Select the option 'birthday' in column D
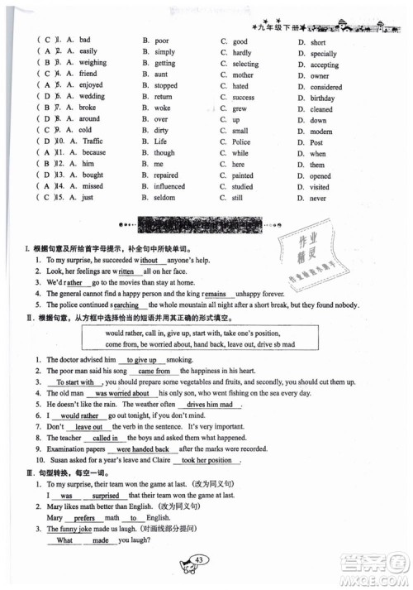pos(322,98)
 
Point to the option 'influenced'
pos(170,187)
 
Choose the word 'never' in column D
pos(318,199)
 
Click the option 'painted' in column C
pos(243,175)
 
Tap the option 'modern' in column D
pos(321,131)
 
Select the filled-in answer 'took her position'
pos(210,460)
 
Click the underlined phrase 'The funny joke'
pos(69,528)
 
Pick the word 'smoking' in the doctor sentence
pos(178,360)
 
